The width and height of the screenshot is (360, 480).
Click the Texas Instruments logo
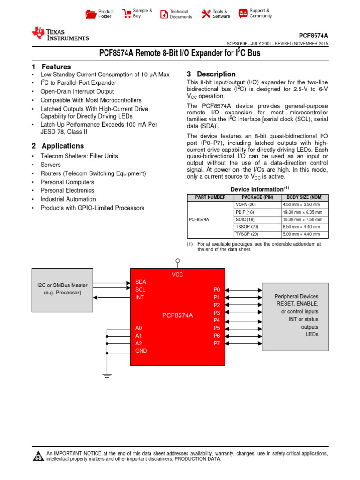click(60, 34)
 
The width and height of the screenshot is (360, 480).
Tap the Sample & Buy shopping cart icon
click(127, 14)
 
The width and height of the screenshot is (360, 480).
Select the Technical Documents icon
click(164, 14)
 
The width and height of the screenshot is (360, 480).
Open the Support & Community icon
click(243, 14)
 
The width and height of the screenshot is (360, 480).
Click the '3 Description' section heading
click(211, 74)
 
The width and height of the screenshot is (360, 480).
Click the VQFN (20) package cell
click(247, 205)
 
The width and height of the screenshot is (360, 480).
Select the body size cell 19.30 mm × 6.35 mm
click(302, 212)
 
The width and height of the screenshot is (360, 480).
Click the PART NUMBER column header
click(207, 197)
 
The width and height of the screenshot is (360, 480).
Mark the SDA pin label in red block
click(141, 282)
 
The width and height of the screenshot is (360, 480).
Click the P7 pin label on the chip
click(217, 343)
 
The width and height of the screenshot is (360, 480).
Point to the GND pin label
click(141, 351)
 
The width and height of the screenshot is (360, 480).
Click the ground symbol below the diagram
click(107, 375)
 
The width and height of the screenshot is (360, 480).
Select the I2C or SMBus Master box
click(62, 289)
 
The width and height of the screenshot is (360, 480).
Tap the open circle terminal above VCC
click(177, 261)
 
